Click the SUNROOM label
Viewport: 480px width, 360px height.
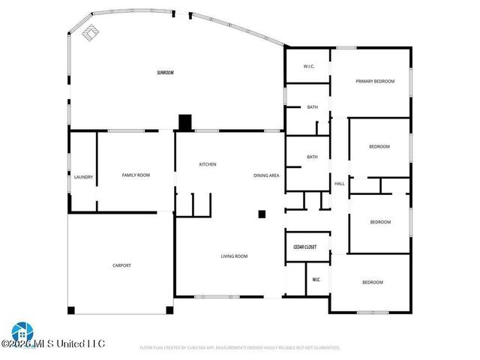tap(165, 73)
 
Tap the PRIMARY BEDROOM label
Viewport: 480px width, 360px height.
tap(375, 81)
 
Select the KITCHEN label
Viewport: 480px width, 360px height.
tap(208, 164)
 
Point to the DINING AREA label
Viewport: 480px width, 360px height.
tap(266, 175)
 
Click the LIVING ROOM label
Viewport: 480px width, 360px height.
tap(234, 256)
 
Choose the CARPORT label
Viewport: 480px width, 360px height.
tap(121, 265)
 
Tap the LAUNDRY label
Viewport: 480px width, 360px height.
tap(83, 177)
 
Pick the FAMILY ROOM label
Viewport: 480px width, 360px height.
tap(136, 175)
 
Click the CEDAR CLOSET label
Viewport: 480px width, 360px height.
tap(304, 247)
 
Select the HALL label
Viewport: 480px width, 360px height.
tap(339, 184)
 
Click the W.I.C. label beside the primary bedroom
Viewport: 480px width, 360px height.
tap(309, 67)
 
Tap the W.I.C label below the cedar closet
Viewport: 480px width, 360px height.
tap(316, 280)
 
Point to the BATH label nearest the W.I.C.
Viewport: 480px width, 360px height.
tap(312, 107)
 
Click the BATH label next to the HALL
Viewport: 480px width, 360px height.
tap(312, 157)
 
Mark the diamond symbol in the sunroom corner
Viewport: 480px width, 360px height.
tap(90, 32)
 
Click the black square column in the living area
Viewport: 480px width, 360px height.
tap(262, 214)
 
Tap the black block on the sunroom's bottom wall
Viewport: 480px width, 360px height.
tap(185, 122)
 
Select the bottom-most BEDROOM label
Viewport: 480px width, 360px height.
tap(373, 282)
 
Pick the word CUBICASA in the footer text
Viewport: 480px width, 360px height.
tap(193, 348)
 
